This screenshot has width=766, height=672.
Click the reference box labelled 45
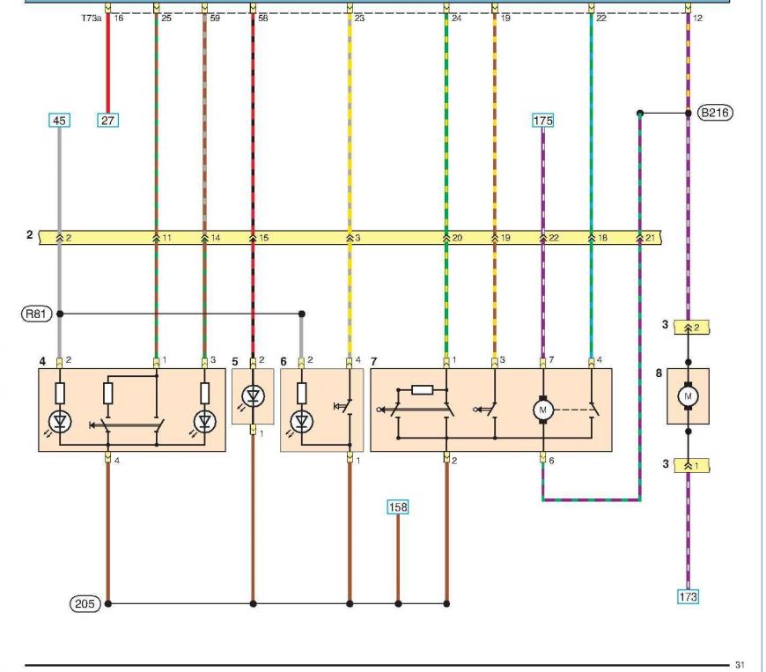[59, 121]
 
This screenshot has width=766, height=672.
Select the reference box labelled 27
[107, 121]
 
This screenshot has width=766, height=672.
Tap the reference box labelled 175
[542, 121]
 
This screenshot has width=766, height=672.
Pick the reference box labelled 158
[398, 507]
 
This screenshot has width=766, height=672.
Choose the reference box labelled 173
[688, 597]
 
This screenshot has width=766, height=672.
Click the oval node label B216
[715, 113]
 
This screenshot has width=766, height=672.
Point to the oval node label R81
[36, 314]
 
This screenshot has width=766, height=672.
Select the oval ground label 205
[85, 603]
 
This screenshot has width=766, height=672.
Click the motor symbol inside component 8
[688, 396]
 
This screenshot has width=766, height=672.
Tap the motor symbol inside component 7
[542, 410]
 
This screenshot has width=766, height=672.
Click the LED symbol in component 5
[253, 395]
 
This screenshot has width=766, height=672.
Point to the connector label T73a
[91, 18]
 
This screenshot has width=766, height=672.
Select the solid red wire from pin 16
[108, 63]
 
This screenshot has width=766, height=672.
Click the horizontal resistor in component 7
[422, 389]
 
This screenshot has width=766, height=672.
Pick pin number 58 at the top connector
[263, 18]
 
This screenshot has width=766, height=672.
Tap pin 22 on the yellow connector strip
[554, 238]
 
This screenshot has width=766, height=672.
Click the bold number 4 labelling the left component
[42, 361]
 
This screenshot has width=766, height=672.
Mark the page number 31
[740, 665]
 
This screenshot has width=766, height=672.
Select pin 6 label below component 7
[551, 461]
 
